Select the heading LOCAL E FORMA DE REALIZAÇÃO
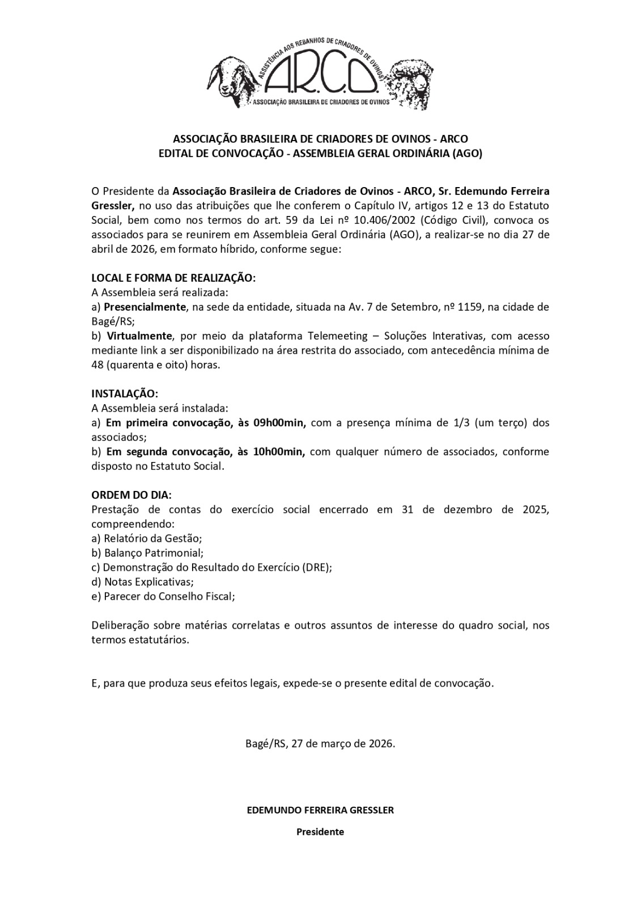tap(173, 278)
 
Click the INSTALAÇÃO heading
tap(125, 393)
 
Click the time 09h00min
tap(278, 422)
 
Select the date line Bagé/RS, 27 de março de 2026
tap(320, 743)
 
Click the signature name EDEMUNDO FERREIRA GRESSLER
tap(320, 809)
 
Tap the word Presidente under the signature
tap(320, 832)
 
